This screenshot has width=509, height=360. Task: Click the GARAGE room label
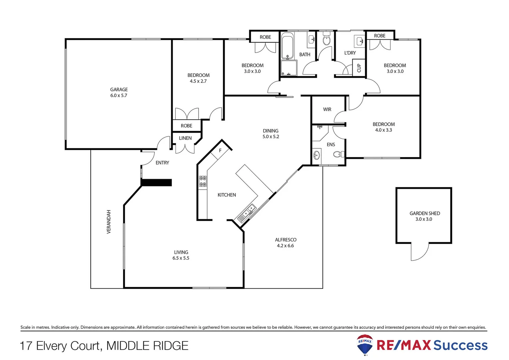119,89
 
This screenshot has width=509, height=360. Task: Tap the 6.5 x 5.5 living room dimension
181,258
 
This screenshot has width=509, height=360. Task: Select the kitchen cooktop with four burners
203,181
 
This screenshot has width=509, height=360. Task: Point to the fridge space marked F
220,151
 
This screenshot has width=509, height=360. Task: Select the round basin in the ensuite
316,155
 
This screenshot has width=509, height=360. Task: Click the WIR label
327,109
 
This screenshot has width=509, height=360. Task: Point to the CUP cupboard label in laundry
359,68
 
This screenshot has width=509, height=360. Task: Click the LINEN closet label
185,138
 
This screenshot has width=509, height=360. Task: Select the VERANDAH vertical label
109,222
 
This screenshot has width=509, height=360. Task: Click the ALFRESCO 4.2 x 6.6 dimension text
285,246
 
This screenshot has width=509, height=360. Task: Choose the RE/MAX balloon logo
365,345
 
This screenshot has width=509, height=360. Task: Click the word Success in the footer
460,345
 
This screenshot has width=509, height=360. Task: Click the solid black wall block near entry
157,183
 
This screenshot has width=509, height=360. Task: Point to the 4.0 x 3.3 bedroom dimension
383,130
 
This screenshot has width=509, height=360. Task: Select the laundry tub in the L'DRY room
360,41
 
